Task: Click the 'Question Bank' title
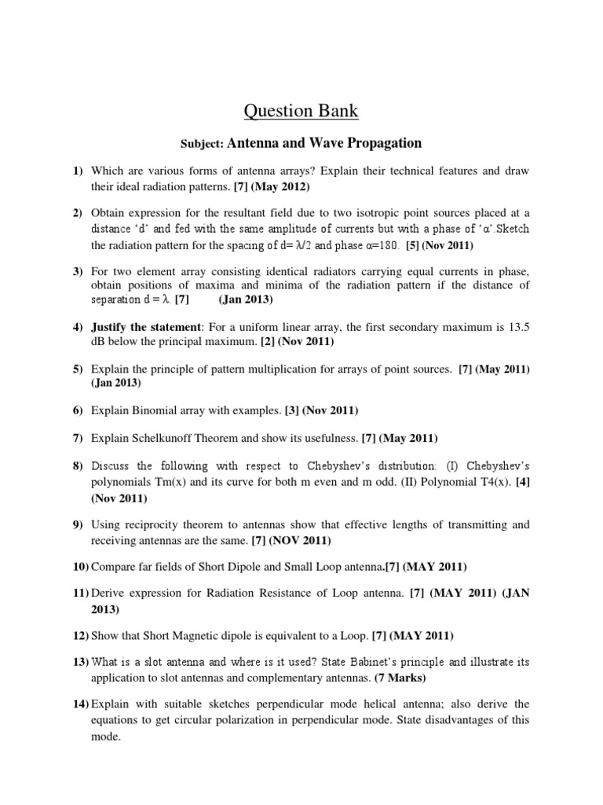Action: pyautogui.click(x=301, y=112)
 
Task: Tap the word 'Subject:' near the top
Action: pyautogui.click(x=203, y=144)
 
